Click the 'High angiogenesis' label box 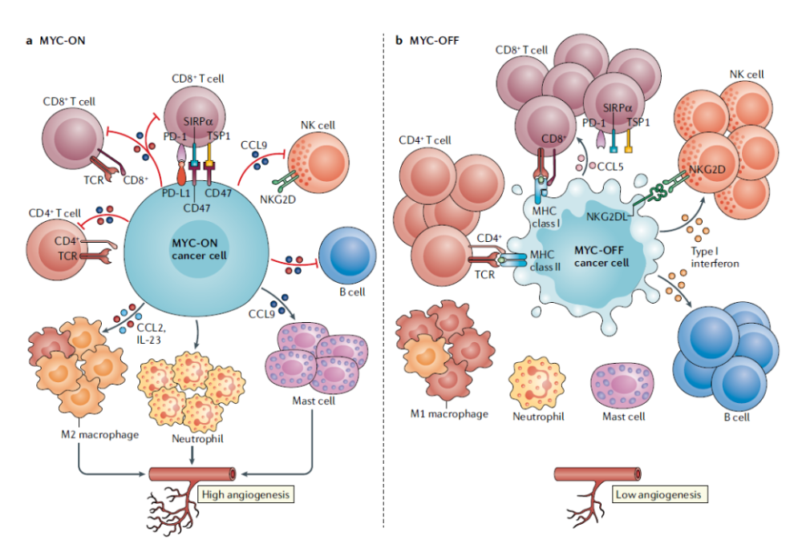coord(244,494)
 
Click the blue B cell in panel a coord(344,256)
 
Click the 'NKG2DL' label coord(606,216)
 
